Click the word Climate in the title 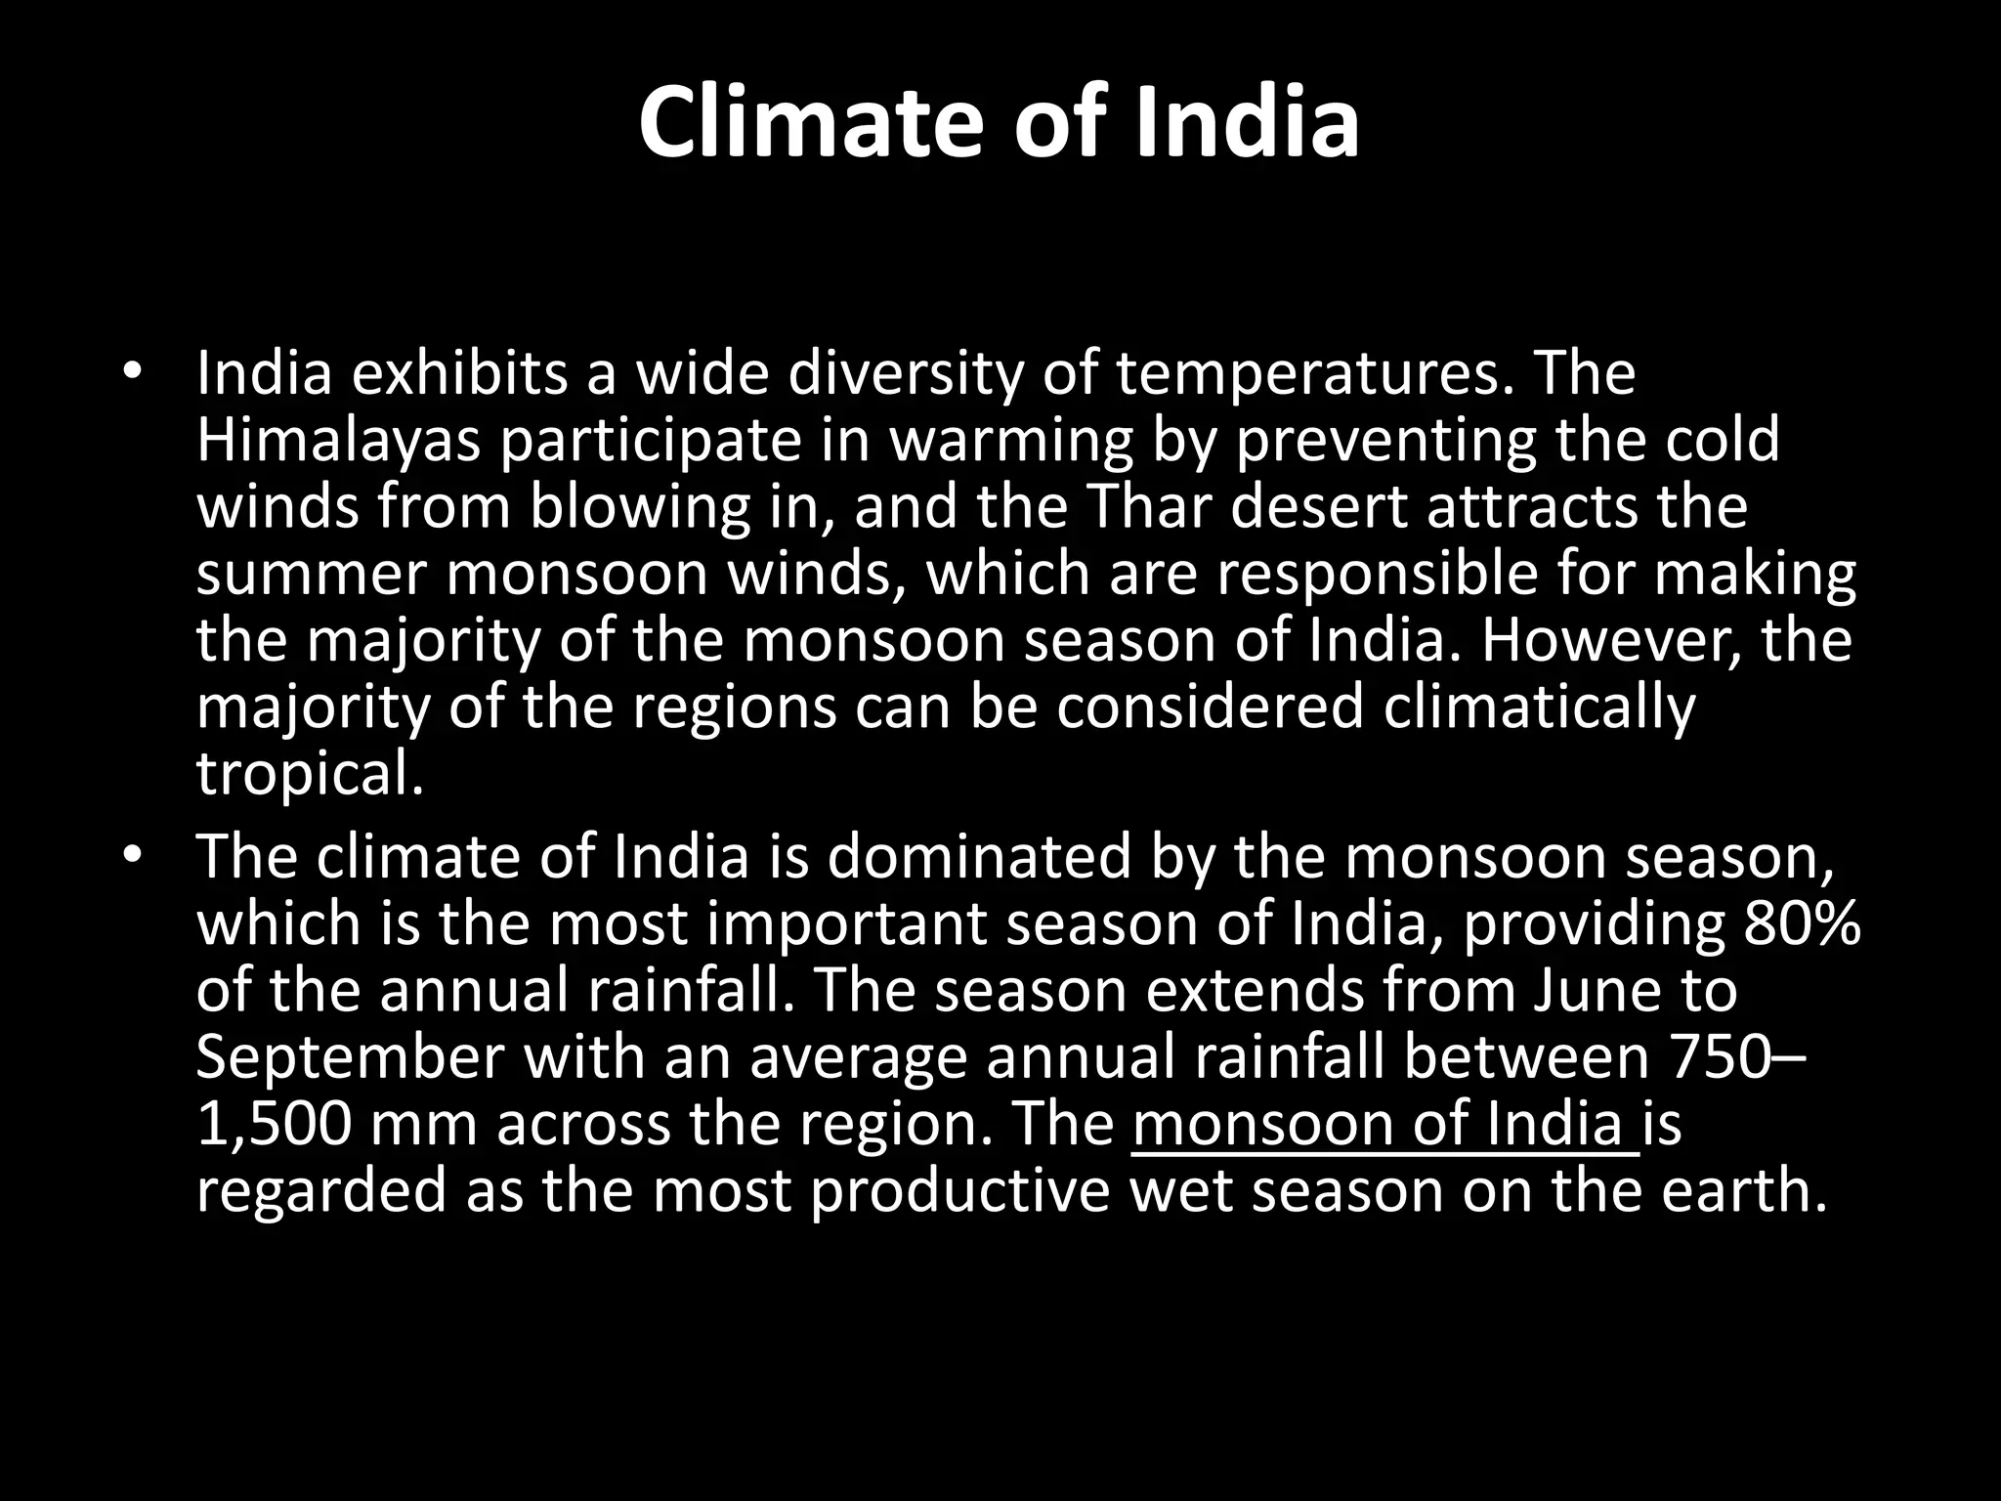point(811,124)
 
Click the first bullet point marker point(133,373)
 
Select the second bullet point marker point(133,857)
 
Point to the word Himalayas point(339,441)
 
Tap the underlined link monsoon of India point(1384,1125)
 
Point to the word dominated point(980,857)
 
